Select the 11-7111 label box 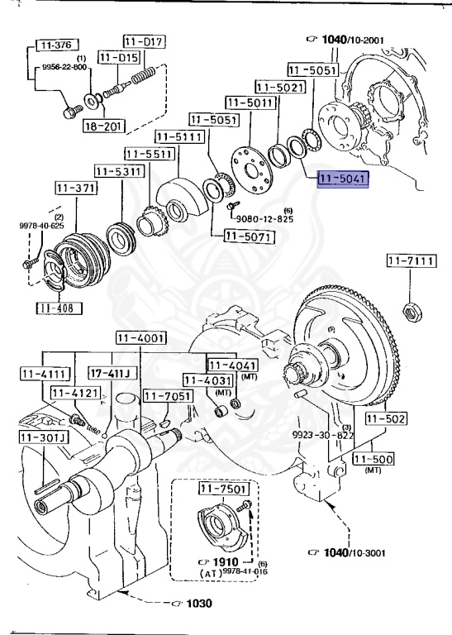pos(409,261)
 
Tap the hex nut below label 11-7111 pos(408,312)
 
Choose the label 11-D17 pos(145,40)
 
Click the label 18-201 pos(102,126)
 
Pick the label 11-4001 pos(140,337)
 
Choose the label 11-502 pos(387,419)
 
